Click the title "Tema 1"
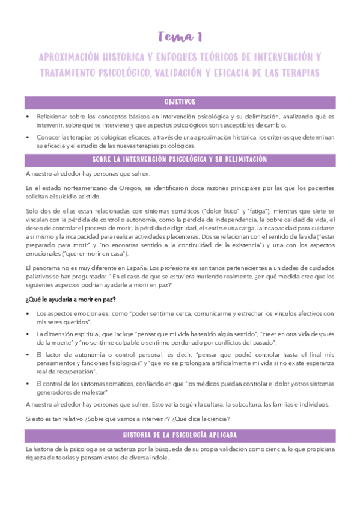point(180,38)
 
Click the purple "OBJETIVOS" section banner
point(180,102)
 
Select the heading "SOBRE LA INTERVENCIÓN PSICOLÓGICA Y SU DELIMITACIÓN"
point(180,160)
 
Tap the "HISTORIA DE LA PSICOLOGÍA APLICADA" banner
point(180,434)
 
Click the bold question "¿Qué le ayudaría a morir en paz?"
point(71,300)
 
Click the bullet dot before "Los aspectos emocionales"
point(28,314)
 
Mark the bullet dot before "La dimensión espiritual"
point(28,334)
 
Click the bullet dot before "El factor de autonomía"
point(28,355)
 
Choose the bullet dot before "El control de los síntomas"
point(28,384)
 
